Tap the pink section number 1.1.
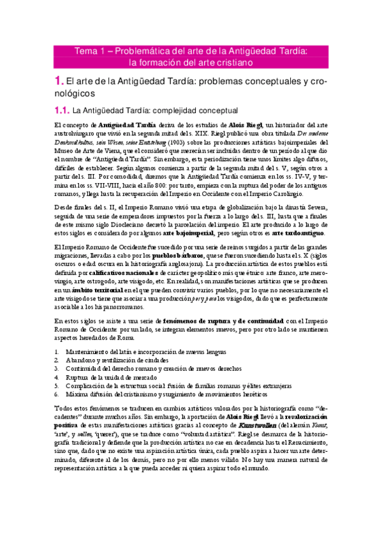(62, 110)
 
